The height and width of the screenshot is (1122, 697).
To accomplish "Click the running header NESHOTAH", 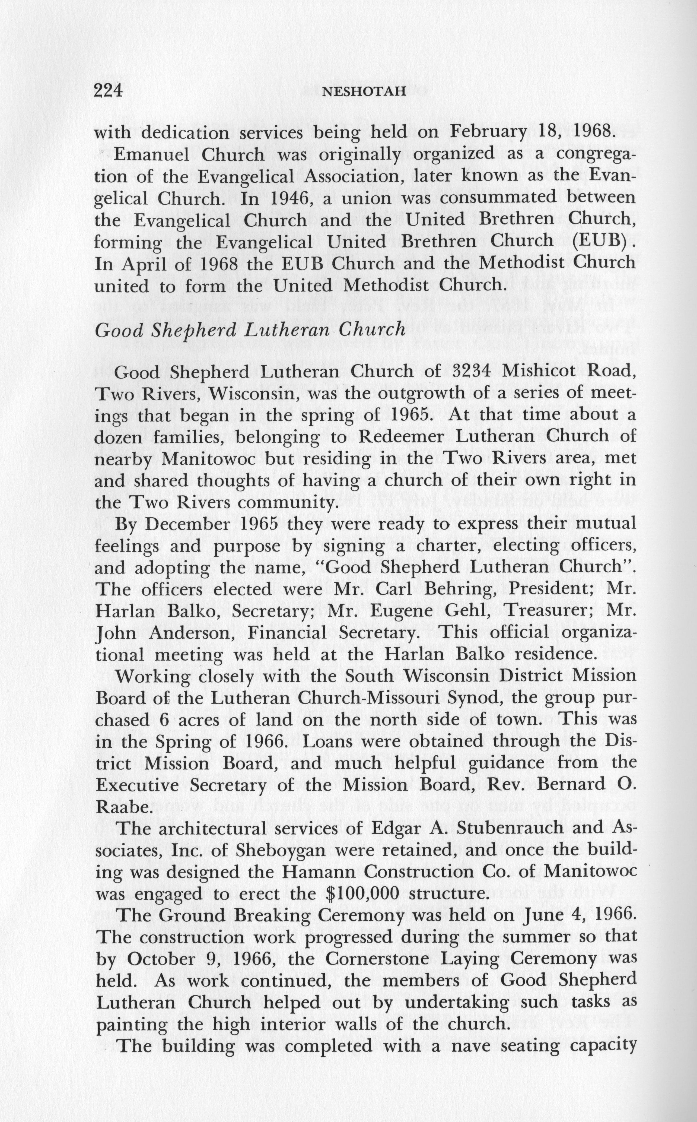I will click(x=364, y=92).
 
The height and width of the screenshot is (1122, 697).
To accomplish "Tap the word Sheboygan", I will click(x=275, y=850).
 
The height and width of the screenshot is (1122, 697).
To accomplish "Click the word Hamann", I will click(x=319, y=871).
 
